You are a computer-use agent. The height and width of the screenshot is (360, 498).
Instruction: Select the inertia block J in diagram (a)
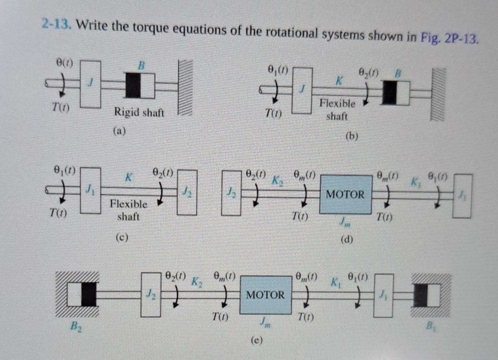90,84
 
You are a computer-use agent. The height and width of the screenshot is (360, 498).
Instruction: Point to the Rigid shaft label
139,112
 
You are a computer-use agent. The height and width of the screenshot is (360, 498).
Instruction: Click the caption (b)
352,136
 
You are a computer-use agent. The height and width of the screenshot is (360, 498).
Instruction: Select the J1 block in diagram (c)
90,191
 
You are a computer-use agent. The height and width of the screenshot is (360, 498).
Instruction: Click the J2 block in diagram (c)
187,192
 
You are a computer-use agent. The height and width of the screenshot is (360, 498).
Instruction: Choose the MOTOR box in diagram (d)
345,194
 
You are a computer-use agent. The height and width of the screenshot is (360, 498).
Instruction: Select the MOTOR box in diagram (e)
265,295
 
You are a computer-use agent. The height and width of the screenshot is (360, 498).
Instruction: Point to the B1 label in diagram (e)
430,324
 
